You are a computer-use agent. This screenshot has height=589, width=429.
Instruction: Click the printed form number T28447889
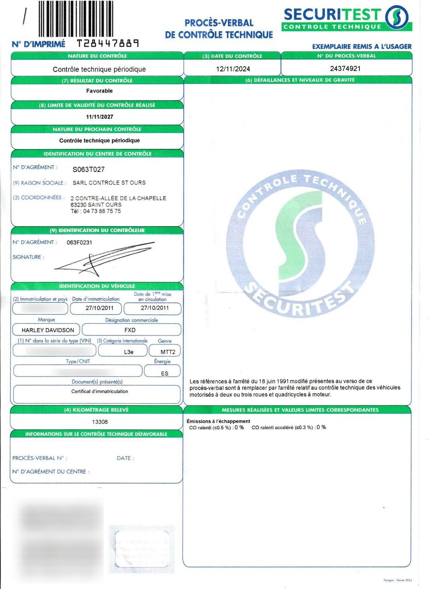(x=108, y=44)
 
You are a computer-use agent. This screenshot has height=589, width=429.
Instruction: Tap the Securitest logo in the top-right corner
(x=347, y=18)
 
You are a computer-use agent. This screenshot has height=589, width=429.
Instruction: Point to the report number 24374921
(x=345, y=69)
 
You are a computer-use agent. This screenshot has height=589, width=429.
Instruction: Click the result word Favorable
(x=99, y=91)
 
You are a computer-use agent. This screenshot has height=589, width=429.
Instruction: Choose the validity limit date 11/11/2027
(x=99, y=117)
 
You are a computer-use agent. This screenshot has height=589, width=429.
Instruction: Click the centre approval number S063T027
(x=89, y=169)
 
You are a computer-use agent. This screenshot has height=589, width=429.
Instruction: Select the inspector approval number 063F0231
(x=79, y=242)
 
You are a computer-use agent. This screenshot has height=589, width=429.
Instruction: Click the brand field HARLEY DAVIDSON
(x=47, y=330)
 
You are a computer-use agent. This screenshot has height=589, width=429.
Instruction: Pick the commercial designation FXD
(x=130, y=330)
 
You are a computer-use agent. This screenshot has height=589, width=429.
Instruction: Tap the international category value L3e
(x=130, y=352)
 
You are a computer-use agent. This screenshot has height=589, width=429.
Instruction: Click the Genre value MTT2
(x=165, y=352)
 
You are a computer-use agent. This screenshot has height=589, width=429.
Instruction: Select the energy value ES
(x=165, y=373)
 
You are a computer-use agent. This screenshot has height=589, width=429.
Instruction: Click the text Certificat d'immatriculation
(x=99, y=392)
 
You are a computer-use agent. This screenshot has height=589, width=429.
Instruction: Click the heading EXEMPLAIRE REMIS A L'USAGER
(x=362, y=46)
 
